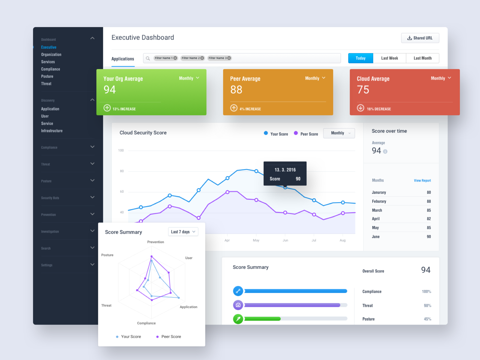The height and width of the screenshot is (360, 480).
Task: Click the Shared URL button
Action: point(420,38)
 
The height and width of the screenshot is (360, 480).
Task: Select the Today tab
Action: point(361,58)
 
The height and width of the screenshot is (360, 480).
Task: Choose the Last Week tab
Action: point(389,58)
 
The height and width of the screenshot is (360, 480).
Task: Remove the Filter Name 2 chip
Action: point(202,58)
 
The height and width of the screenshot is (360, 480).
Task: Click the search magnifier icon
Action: point(148,58)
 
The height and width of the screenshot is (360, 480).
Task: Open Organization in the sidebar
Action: point(51,55)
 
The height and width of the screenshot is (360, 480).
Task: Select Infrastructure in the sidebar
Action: point(52,131)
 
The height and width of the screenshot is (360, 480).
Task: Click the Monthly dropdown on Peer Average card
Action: point(315,78)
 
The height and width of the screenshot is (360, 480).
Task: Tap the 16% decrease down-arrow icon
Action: point(361,108)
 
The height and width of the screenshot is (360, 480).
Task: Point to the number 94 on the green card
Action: point(110,90)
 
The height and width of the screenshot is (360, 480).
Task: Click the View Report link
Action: point(422,181)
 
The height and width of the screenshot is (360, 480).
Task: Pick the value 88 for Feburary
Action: point(429,201)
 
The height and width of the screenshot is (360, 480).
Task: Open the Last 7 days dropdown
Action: point(183,232)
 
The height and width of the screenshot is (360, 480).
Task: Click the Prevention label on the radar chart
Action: point(156,242)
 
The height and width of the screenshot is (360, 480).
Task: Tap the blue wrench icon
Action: point(238,291)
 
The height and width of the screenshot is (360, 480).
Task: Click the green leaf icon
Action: point(238,319)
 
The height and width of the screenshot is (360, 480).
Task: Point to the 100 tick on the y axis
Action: point(121,151)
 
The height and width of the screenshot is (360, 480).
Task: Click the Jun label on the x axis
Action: point(285,240)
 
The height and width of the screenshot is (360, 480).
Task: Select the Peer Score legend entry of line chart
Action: point(306,134)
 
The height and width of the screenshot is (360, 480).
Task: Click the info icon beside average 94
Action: point(385,152)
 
